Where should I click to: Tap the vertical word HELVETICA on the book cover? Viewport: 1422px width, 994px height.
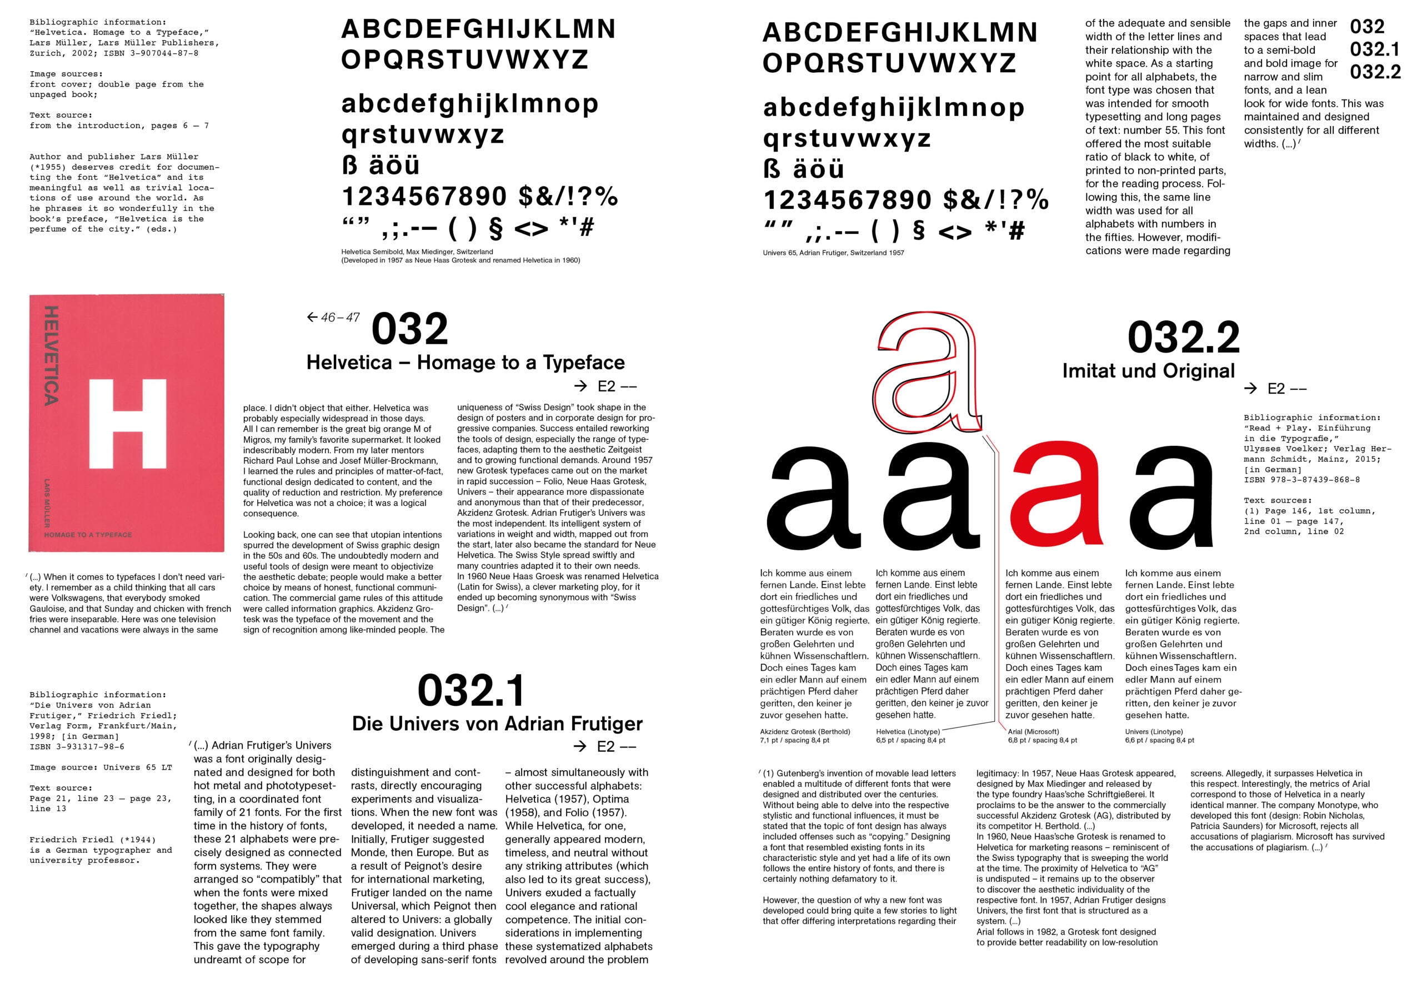click(x=52, y=355)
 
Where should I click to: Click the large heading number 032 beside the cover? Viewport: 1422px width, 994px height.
click(x=409, y=329)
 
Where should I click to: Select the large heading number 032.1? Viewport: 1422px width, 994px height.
click(x=472, y=691)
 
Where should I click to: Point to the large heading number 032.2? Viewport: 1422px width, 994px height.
click(x=1183, y=338)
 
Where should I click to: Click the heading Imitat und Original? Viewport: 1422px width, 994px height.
click(x=1148, y=371)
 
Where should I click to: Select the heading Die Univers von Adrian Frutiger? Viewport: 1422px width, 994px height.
click(x=497, y=724)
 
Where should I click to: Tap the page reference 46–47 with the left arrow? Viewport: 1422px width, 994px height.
click(x=334, y=318)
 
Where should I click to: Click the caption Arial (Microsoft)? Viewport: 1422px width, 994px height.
click(x=1033, y=731)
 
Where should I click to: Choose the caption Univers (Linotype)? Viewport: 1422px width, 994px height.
click(x=1154, y=731)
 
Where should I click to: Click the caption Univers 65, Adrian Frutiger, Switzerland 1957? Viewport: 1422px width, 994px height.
click(x=833, y=253)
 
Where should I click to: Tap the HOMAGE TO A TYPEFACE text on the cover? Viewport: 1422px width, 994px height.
click(x=88, y=534)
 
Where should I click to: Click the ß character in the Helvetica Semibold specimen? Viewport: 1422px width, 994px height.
click(x=350, y=165)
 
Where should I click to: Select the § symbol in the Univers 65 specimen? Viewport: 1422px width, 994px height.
click(x=919, y=231)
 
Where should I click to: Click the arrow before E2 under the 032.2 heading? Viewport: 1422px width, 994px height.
click(x=1251, y=388)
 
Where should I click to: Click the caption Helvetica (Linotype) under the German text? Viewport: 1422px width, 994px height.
click(x=907, y=731)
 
